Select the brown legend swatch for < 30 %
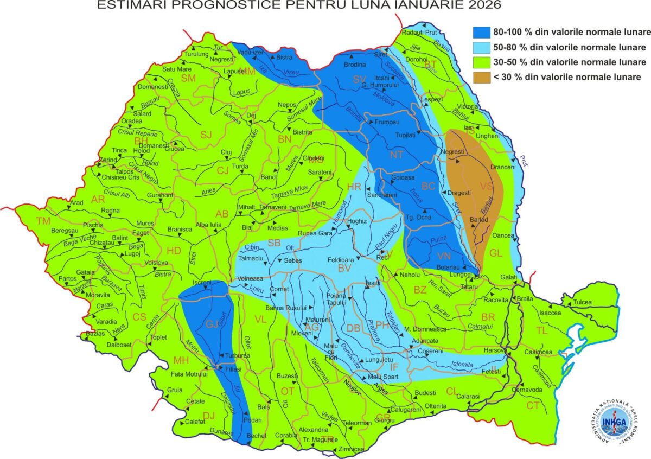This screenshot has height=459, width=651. (481, 77)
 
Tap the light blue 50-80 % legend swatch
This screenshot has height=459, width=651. (481, 47)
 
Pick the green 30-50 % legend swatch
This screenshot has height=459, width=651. (481, 62)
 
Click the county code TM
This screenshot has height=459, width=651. (43, 221)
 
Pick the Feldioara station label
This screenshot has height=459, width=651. (341, 260)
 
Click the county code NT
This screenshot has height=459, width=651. (397, 155)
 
